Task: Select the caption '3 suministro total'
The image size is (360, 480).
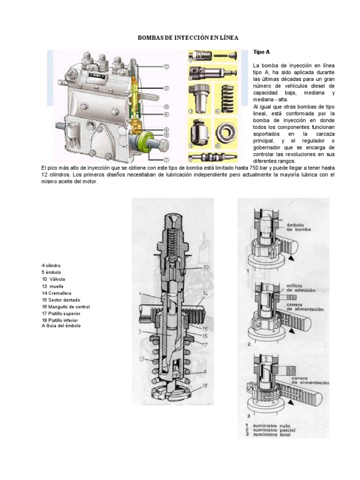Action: pos(270,435)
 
